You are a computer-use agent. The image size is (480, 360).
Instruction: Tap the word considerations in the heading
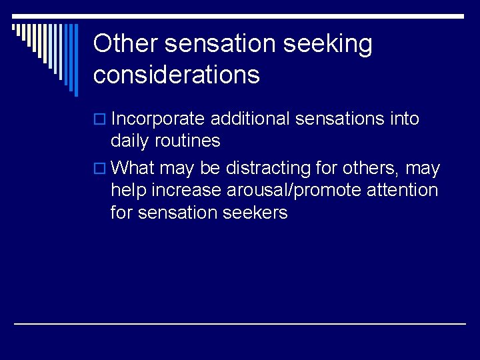point(177,75)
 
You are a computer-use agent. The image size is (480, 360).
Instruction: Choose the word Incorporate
point(158,119)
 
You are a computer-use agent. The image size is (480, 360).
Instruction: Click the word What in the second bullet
point(134,169)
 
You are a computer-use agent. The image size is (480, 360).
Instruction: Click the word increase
point(187,191)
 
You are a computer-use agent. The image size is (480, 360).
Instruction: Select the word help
point(129,191)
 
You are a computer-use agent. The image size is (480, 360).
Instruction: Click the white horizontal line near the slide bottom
point(240,323)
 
